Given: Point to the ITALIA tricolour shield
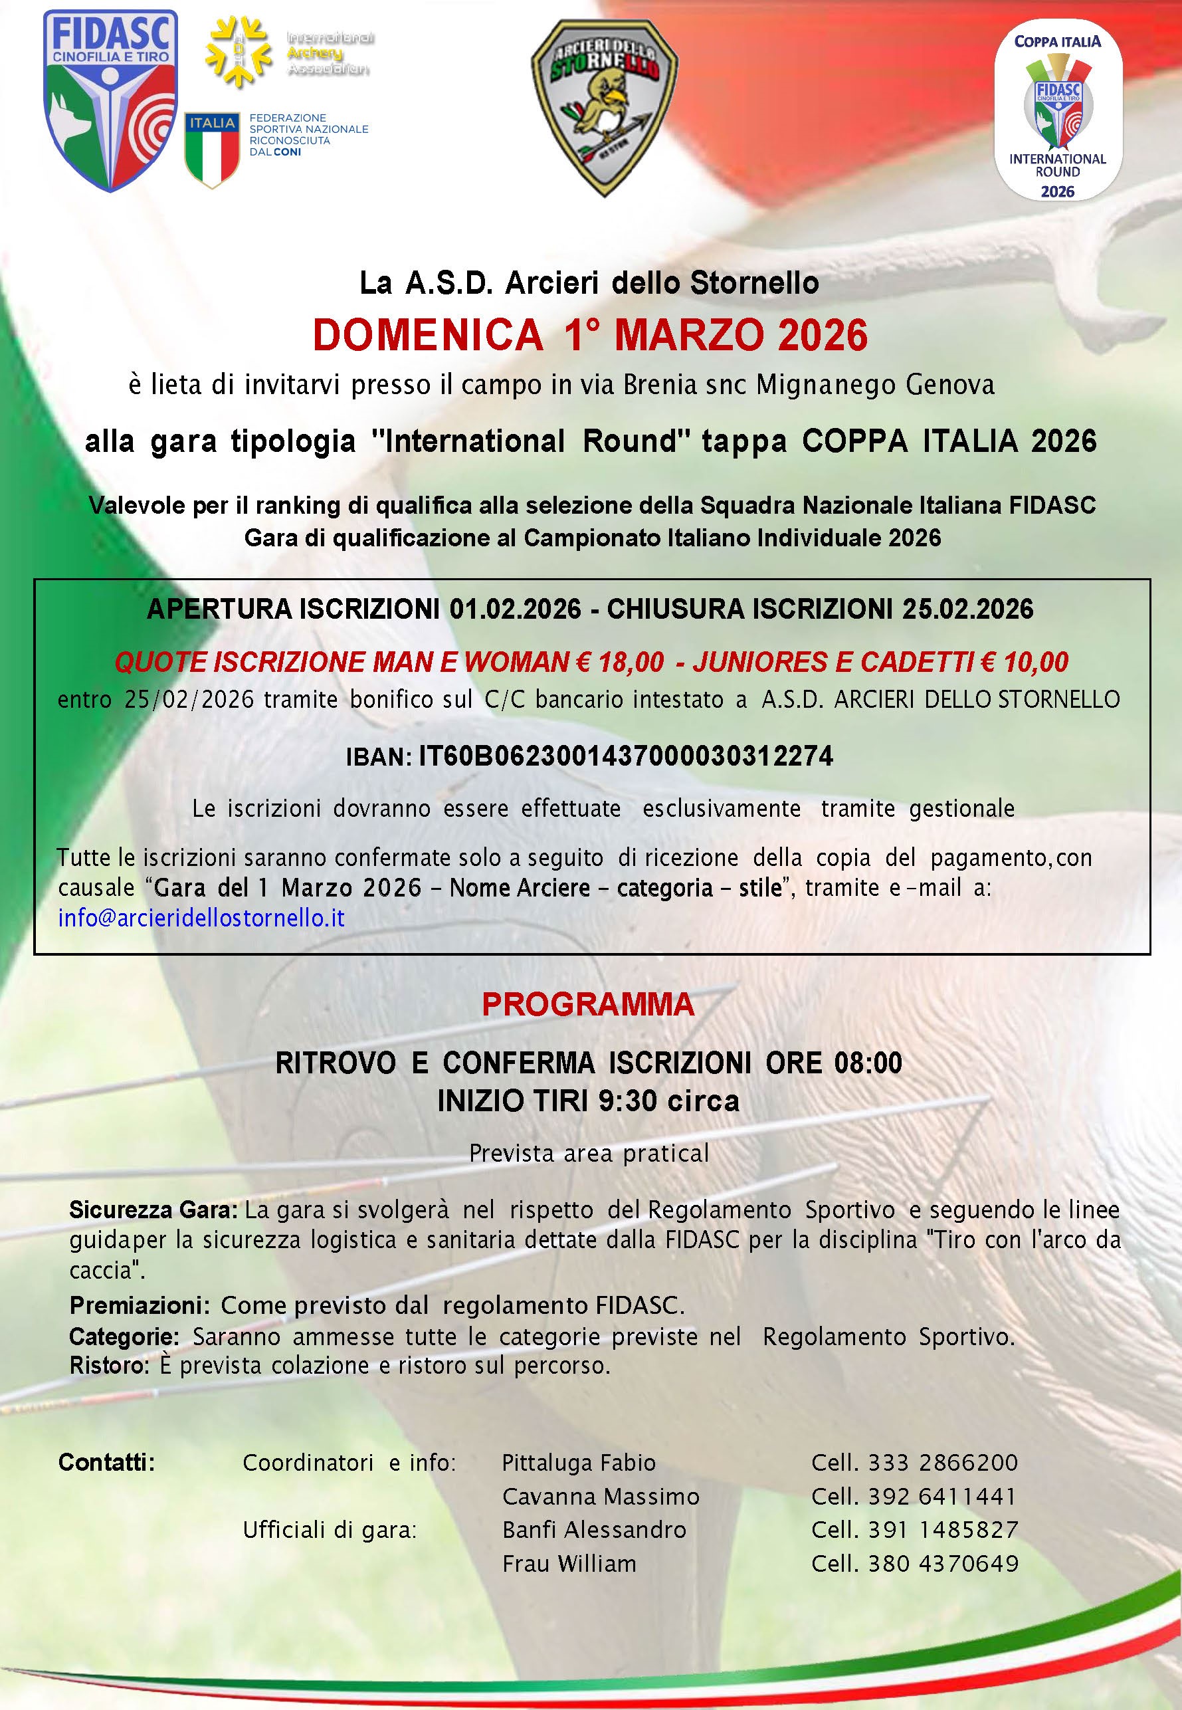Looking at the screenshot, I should [x=212, y=149].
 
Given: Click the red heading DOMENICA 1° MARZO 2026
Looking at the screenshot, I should [x=589, y=335].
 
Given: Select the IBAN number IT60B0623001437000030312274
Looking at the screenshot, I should [x=626, y=756].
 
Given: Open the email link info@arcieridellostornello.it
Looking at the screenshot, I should [x=201, y=918].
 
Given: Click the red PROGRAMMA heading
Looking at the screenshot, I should [x=588, y=1005].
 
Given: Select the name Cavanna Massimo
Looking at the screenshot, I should [x=601, y=1497].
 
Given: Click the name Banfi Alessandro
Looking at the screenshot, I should [x=594, y=1530].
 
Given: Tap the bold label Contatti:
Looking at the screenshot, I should [x=107, y=1463].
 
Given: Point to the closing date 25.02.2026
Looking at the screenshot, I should [x=967, y=609].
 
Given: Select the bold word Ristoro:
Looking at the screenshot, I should [x=110, y=1365].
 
